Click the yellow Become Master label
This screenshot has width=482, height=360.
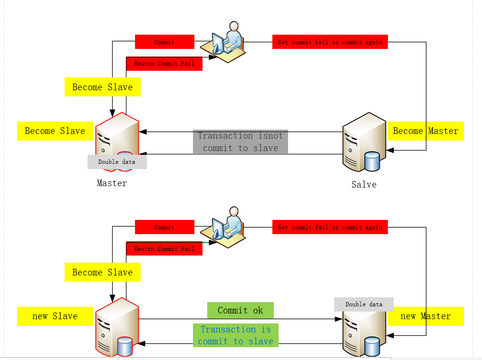click(x=425, y=131)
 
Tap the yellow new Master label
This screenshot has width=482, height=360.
click(x=425, y=316)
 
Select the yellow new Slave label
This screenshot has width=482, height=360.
click(x=55, y=316)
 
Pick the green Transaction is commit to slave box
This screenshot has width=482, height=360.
click(x=236, y=335)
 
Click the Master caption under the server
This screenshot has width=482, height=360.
click(x=112, y=183)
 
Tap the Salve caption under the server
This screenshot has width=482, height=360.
click(x=364, y=184)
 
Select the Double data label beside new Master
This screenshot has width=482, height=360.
click(x=364, y=304)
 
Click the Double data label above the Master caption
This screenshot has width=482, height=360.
click(x=117, y=162)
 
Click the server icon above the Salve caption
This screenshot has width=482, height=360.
click(x=364, y=141)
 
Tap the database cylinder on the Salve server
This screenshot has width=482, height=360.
click(x=372, y=161)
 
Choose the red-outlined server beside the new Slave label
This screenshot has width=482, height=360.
click(x=116, y=326)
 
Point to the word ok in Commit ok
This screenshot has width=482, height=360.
click(x=258, y=310)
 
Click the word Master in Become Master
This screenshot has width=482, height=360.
click(x=443, y=131)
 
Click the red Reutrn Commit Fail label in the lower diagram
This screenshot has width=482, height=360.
click(x=164, y=248)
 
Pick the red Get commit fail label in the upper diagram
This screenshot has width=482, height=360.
click(x=330, y=42)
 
